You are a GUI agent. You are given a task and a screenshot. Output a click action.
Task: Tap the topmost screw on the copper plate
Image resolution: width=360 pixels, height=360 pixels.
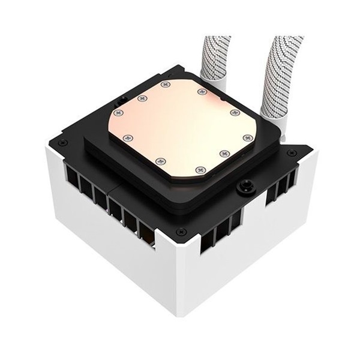tap(166, 85)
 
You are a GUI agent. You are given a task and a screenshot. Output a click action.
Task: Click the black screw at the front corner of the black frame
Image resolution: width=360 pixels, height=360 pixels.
tap(180, 231)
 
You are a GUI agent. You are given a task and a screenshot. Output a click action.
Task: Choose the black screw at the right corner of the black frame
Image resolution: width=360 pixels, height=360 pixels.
tap(292, 152)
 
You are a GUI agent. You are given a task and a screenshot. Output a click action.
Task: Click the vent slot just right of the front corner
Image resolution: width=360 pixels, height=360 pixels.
tap(207, 240)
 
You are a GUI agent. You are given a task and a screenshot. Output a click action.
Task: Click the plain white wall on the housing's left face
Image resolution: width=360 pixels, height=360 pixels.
tap(108, 246)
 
